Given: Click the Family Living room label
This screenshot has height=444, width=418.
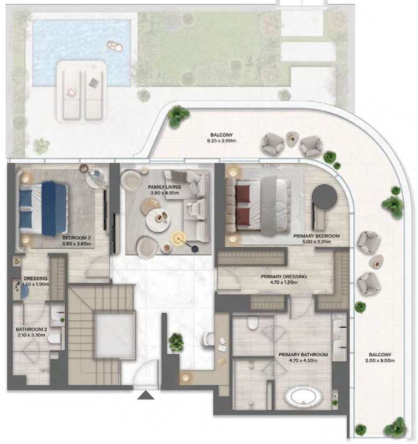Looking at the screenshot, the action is coord(164,187).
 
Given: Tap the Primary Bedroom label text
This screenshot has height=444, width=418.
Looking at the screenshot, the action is coord(316,236).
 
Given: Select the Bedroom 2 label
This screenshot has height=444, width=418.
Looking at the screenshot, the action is coord(76,237).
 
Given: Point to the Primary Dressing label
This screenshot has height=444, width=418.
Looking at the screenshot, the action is coord(284,277).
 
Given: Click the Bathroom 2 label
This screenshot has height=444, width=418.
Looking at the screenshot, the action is coord(31,329).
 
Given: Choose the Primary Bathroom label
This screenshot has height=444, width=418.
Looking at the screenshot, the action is coord(303,355).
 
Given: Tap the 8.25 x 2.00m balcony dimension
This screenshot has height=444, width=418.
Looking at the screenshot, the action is coord(221,141).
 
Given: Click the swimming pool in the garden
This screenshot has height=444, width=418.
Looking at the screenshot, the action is coord(82,53).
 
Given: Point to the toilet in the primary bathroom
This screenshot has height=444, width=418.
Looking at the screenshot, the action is coord(253,323).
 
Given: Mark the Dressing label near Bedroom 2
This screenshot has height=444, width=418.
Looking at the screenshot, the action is coord(35,278).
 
